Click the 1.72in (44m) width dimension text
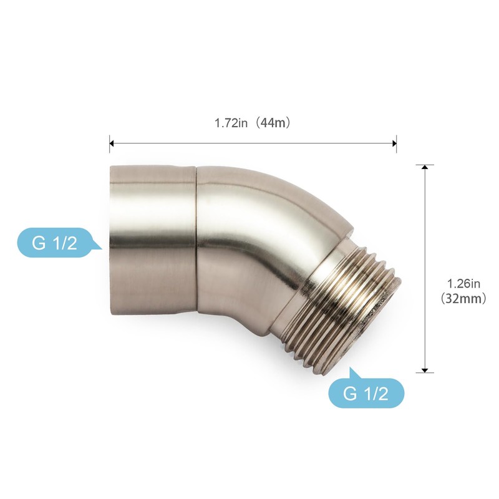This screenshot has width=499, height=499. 253,123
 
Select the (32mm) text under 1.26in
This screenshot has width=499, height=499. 463,299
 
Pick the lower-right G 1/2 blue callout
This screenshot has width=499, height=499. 366,394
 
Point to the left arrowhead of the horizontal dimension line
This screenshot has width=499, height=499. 112,143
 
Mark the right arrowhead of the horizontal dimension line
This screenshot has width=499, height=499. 394,143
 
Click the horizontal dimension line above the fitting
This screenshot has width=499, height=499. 253,143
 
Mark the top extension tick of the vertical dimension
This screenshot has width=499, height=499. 425,165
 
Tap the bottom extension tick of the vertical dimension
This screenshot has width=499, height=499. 425,372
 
